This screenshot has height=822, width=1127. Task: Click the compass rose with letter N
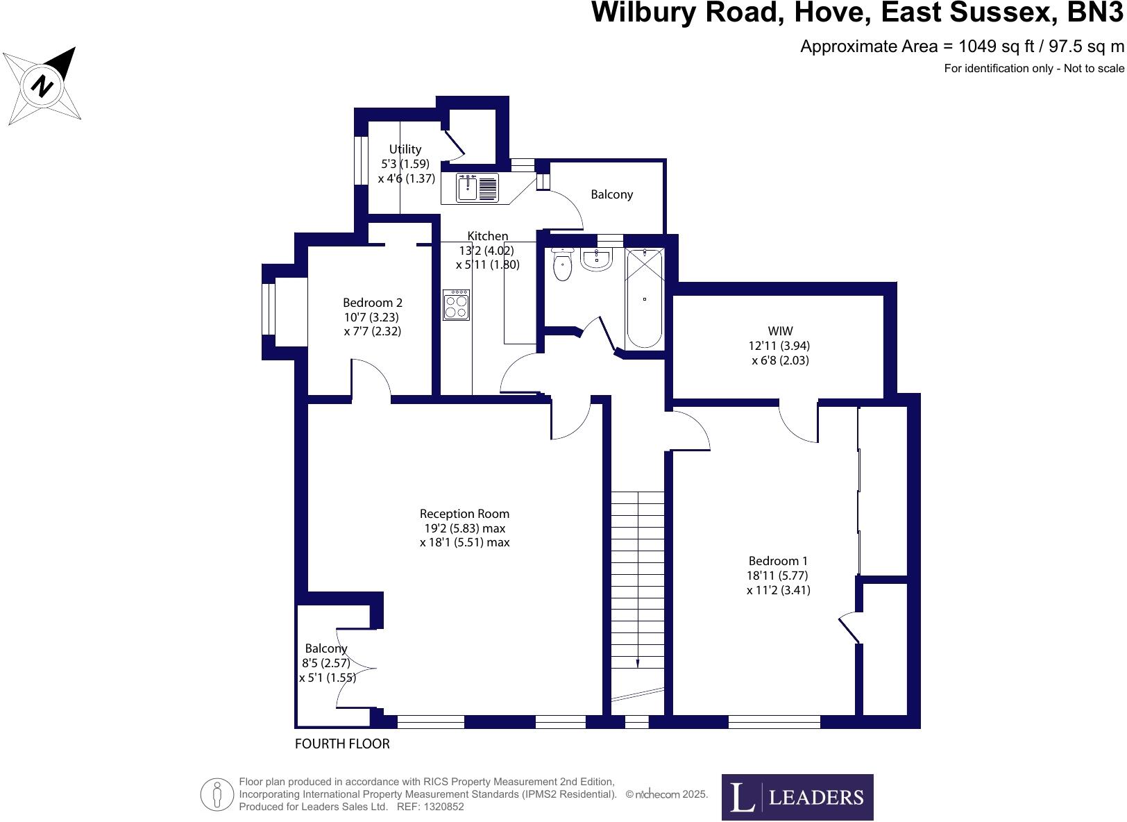pos(43,87)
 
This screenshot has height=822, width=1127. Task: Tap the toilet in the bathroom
pos(562,266)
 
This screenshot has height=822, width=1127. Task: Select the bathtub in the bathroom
pos(645,299)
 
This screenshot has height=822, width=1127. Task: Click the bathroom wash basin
pos(596,260)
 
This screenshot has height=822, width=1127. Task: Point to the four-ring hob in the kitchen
pos(456,305)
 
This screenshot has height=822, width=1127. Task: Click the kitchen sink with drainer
pos(477,187)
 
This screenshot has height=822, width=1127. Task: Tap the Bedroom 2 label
pos(372,303)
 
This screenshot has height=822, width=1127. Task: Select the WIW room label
pos(780,331)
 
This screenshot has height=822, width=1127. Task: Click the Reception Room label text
pos(464,514)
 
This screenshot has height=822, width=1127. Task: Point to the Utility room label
pos(405,149)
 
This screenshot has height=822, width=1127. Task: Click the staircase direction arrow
pos(637,663)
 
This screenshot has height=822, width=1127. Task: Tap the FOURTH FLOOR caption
pos(342,744)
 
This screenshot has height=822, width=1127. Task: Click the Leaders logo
pos(797,797)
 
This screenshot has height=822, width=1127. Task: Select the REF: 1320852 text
pos(430,807)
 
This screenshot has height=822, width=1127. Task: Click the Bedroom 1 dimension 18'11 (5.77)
pos(778,576)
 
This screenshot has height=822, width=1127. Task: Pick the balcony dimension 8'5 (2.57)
pos(326,663)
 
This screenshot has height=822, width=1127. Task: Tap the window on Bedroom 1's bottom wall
pos(774,722)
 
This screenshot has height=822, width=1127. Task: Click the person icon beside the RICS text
pos(217,794)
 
